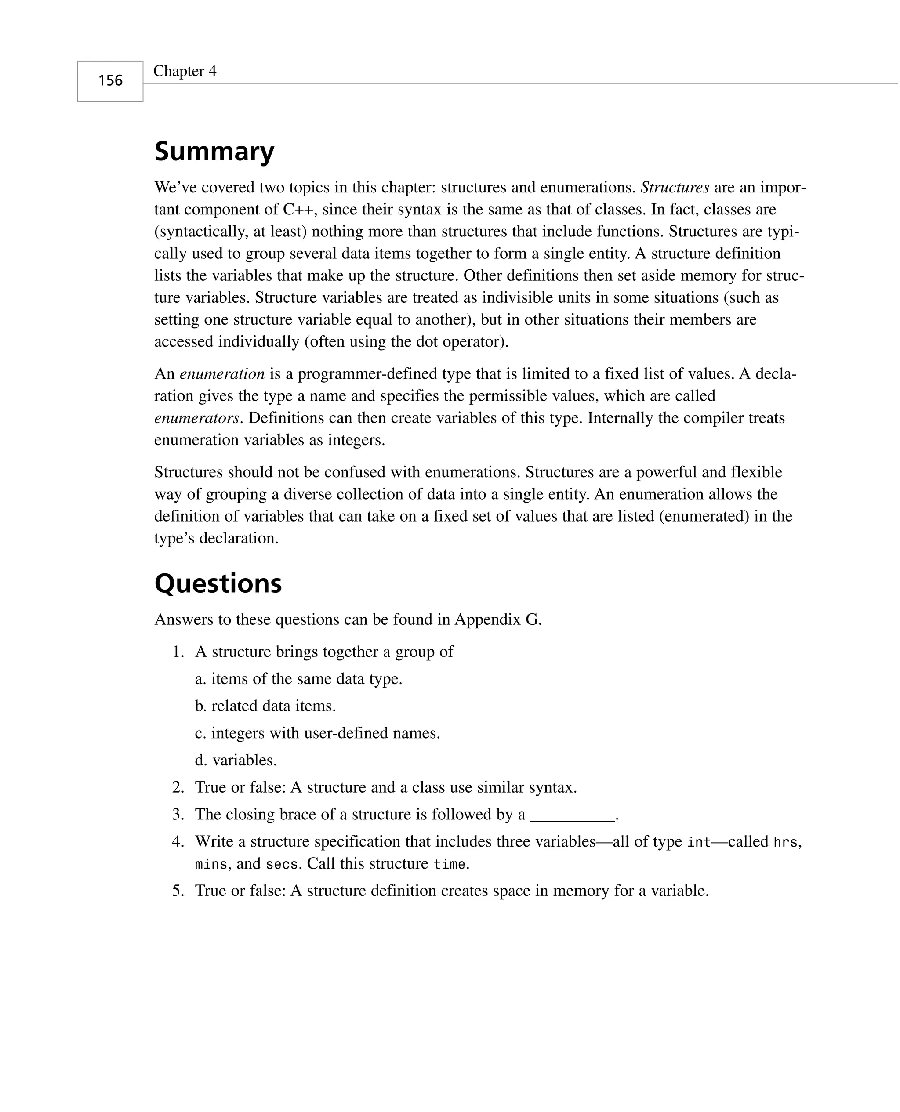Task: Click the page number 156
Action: click(x=110, y=81)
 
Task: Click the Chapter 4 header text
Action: click(x=185, y=71)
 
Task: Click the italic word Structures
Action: click(x=675, y=187)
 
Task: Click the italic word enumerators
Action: click(x=197, y=418)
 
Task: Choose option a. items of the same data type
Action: click(x=299, y=678)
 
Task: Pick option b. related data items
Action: click(x=265, y=706)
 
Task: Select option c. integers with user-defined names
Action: click(x=317, y=733)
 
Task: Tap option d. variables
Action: click(x=236, y=760)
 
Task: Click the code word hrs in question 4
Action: click(x=785, y=842)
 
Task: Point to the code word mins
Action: click(x=211, y=864)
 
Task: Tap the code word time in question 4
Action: click(x=450, y=864)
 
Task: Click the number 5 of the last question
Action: click(x=178, y=891)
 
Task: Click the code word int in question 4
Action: click(x=698, y=842)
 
